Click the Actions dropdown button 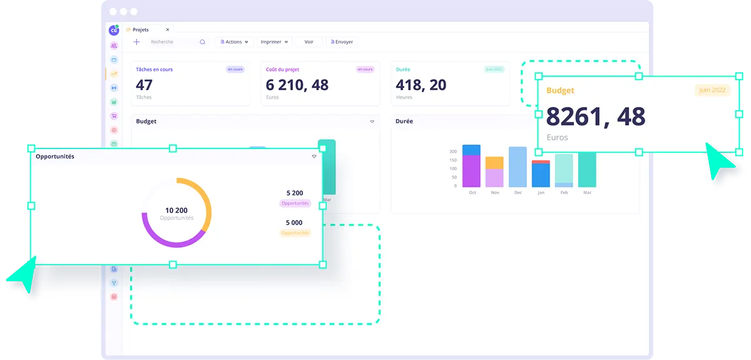(x=234, y=42)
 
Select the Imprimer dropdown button (x=275, y=42)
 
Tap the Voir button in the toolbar (x=309, y=42)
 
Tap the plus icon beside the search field (x=136, y=42)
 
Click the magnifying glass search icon (x=202, y=42)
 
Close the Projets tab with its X (x=167, y=29)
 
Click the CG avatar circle (x=113, y=30)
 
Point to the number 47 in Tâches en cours (x=144, y=85)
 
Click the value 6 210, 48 (x=297, y=85)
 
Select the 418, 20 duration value (x=421, y=85)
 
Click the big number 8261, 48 (x=595, y=116)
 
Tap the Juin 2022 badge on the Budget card (x=712, y=90)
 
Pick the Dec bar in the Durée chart (x=518, y=167)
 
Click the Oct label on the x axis (x=473, y=193)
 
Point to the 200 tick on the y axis (x=453, y=152)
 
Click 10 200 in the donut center (x=176, y=210)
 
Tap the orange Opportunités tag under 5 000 (x=295, y=233)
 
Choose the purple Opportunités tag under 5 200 (x=295, y=203)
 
